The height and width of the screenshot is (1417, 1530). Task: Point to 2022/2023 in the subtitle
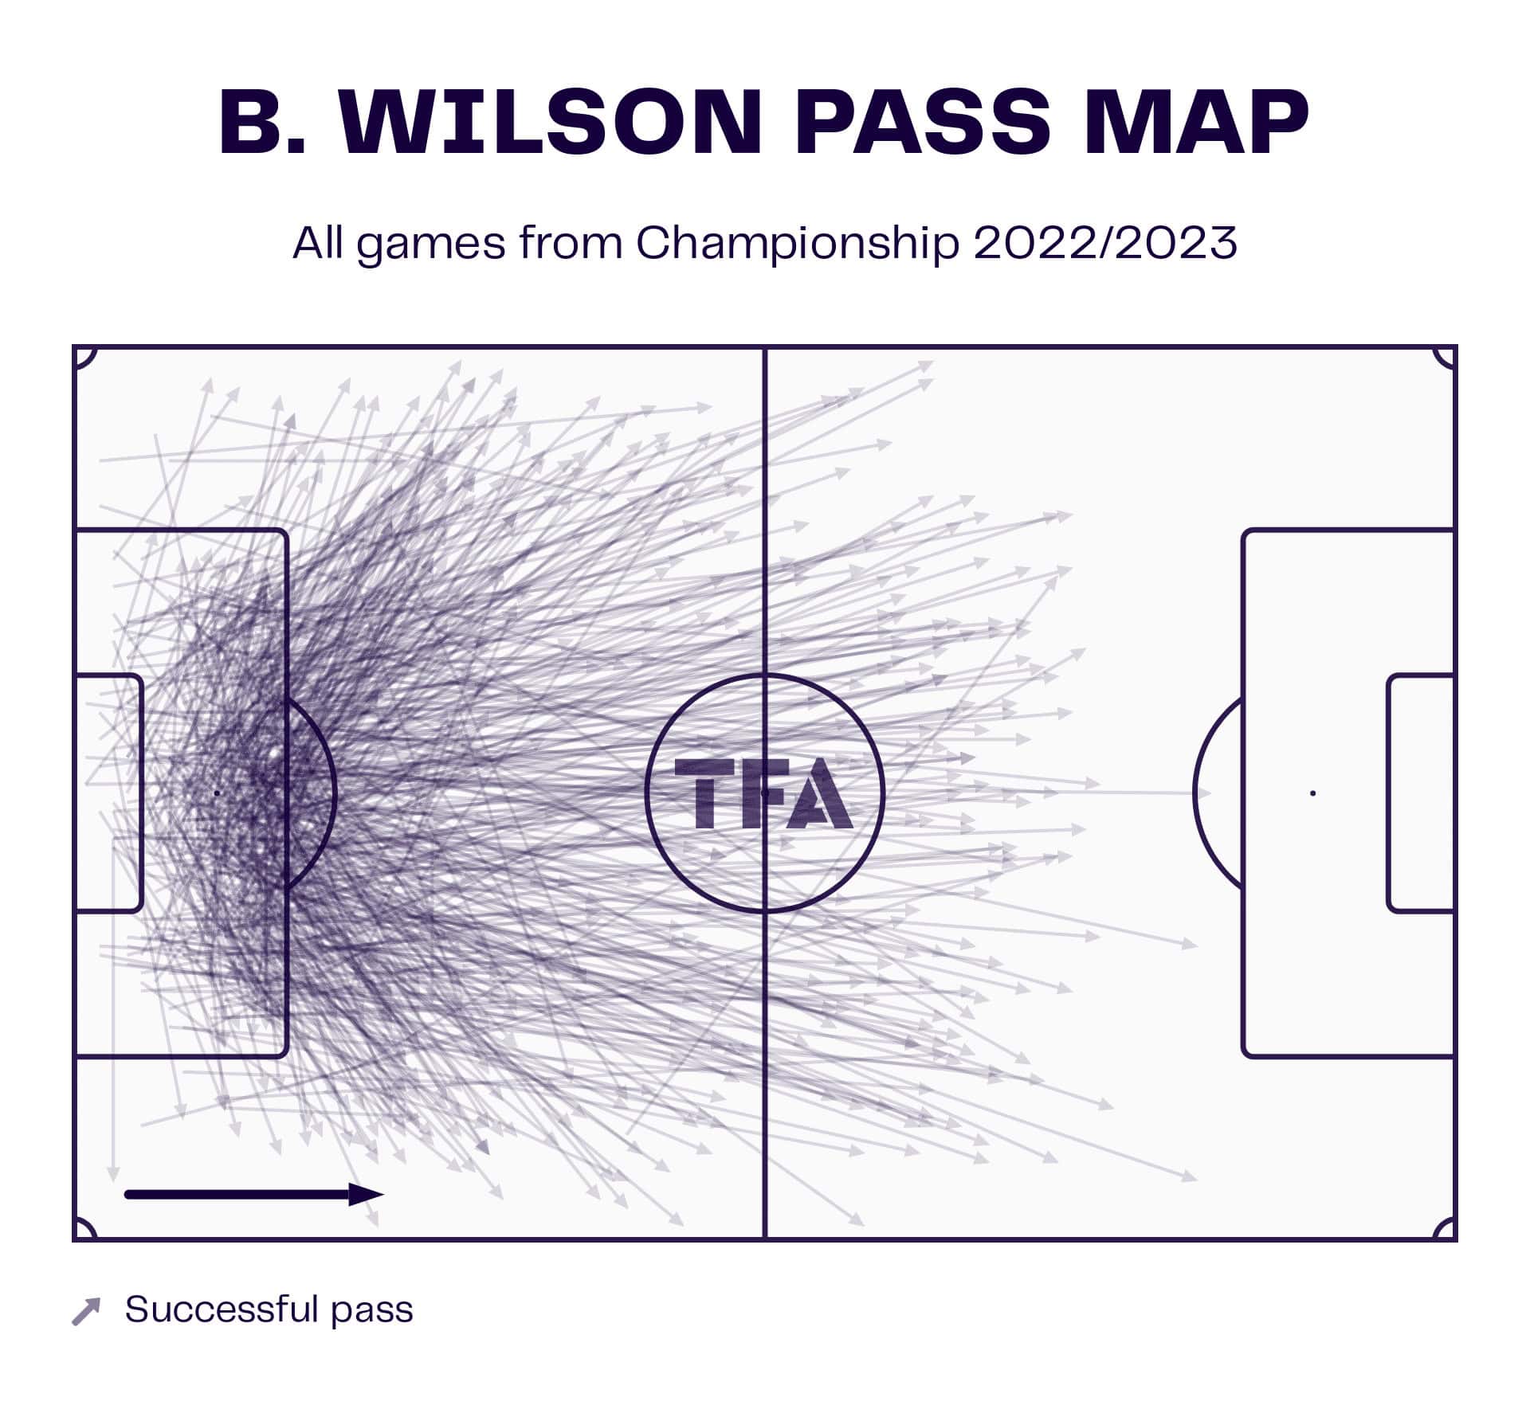[1104, 242]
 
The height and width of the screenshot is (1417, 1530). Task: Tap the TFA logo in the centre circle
[763, 793]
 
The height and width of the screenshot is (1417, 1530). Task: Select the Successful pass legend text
[269, 1309]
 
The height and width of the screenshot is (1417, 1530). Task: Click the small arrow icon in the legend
[86, 1311]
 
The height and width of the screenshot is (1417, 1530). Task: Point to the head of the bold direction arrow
[367, 1195]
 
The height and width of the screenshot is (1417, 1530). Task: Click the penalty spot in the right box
[1312, 793]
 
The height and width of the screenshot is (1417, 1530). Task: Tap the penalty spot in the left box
[217, 793]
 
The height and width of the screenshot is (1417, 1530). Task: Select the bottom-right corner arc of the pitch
[1445, 1229]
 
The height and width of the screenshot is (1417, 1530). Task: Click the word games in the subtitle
[430, 244]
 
